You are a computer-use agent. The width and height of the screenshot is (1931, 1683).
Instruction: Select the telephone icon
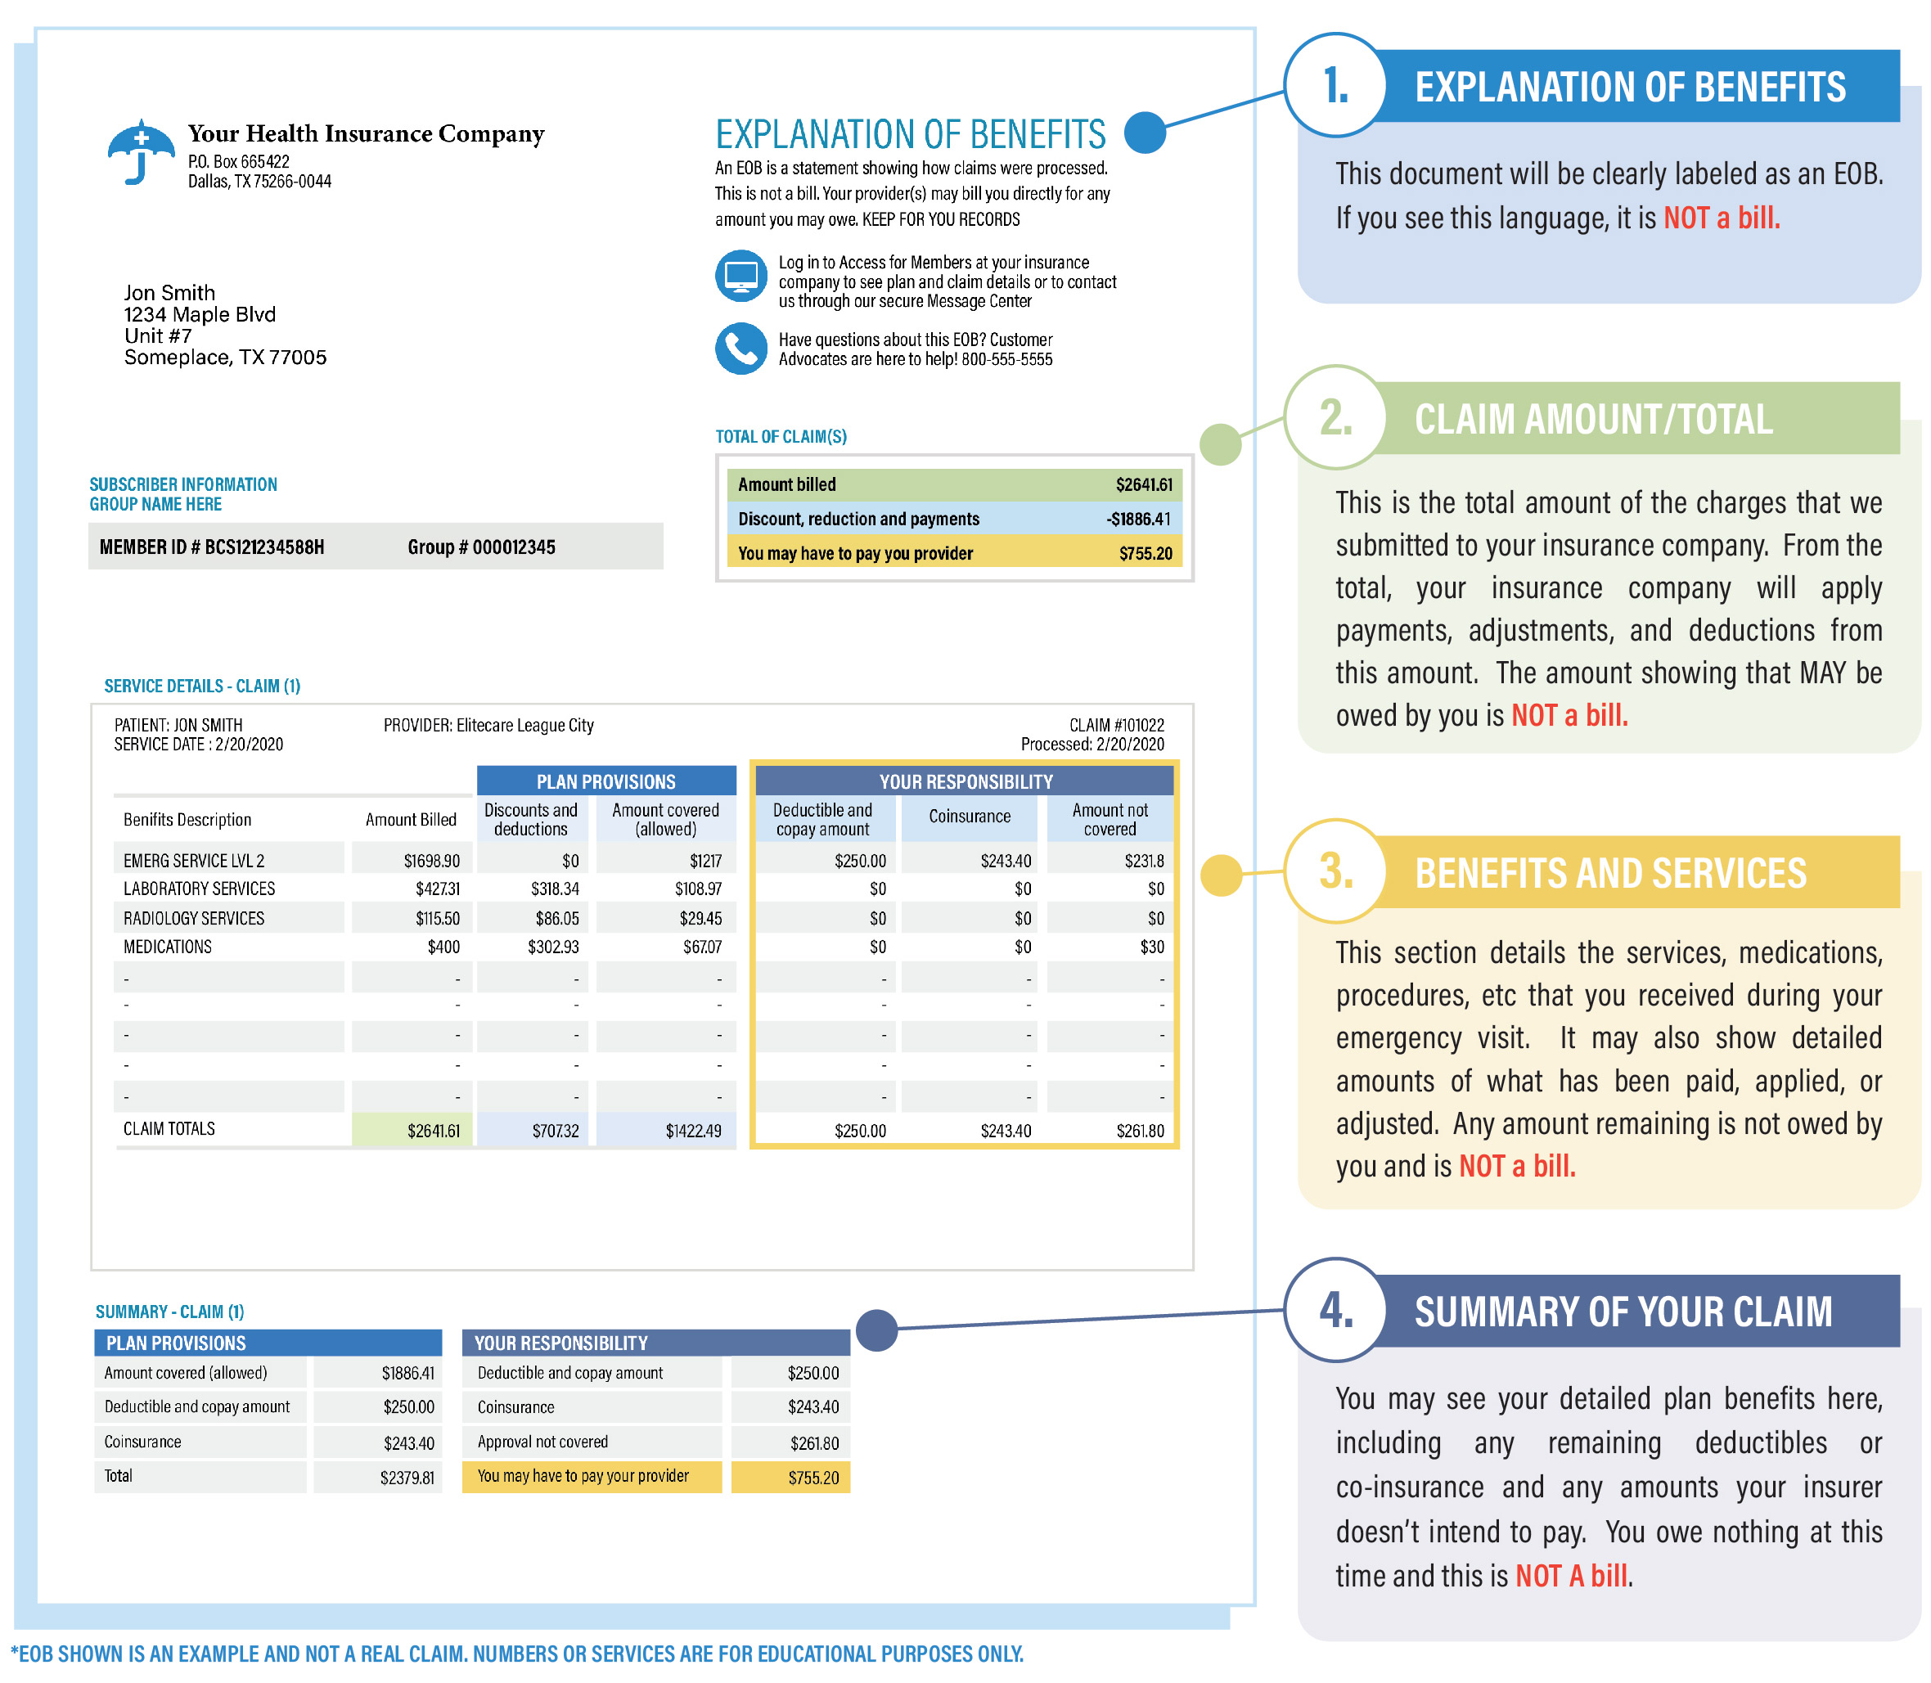[741, 349]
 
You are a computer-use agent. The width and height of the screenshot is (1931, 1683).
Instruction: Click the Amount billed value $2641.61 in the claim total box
[1143, 484]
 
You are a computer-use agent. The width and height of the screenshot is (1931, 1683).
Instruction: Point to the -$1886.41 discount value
[1138, 519]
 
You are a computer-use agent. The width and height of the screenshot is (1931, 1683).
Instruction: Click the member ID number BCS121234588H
[264, 547]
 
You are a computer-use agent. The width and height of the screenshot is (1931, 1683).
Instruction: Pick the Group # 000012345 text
[481, 547]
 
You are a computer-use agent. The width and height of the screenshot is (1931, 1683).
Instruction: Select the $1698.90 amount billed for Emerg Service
[431, 860]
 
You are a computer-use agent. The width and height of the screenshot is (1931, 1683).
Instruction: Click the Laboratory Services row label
[199, 889]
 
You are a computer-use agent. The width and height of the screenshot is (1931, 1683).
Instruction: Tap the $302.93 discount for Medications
[552, 947]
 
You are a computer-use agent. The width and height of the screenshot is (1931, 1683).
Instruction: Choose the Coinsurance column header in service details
[970, 817]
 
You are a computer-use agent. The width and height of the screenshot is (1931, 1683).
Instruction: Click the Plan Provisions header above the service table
[605, 781]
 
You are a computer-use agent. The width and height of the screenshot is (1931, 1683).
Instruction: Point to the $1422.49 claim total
[693, 1131]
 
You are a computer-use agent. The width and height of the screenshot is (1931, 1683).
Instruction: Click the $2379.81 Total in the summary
[407, 1478]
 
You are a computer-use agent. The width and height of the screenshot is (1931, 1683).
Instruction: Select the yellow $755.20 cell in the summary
[813, 1478]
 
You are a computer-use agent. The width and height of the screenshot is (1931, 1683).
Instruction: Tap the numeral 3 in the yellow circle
[1335, 871]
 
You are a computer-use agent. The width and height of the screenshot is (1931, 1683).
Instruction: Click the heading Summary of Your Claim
[1623, 1312]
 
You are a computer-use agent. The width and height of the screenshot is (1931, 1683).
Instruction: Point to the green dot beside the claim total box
[1221, 444]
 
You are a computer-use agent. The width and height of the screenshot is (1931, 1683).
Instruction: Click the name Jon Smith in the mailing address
[169, 292]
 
